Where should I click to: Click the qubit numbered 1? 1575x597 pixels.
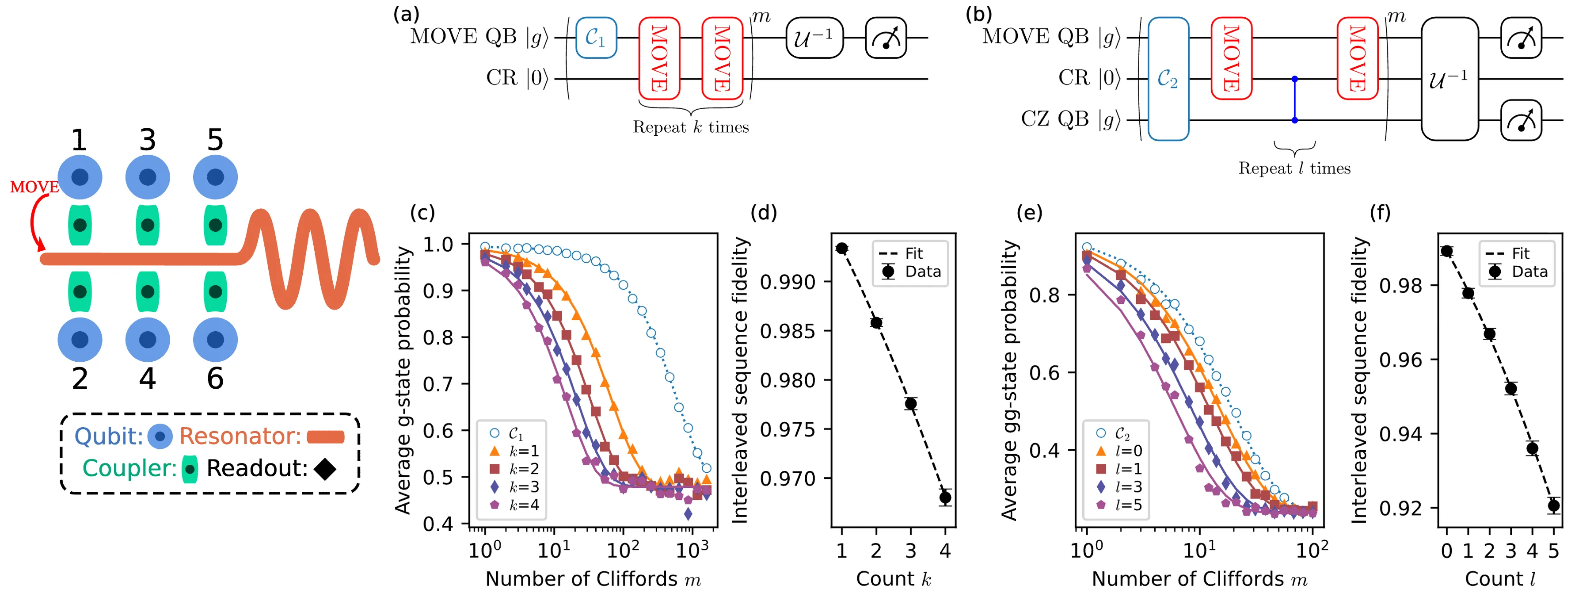(80, 177)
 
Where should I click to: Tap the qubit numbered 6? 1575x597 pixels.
(215, 340)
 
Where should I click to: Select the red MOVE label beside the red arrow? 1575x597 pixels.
(34, 187)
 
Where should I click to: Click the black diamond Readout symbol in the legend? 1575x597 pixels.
(325, 469)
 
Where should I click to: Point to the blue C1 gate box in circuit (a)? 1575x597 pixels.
(596, 38)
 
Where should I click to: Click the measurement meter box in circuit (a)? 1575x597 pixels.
(886, 38)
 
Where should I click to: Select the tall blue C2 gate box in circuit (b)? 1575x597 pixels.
(1168, 79)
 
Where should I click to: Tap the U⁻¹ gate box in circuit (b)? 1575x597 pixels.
(1449, 79)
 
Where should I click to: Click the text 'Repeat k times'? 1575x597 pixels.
(691, 127)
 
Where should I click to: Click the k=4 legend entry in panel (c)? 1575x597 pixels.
(515, 505)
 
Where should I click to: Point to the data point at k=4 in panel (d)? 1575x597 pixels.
(945, 497)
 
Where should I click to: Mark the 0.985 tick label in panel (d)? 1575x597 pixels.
(787, 331)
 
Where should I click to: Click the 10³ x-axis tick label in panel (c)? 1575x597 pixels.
(692, 550)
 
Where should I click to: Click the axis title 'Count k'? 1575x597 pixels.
(893, 579)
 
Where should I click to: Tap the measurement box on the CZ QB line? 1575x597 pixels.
(1521, 120)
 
